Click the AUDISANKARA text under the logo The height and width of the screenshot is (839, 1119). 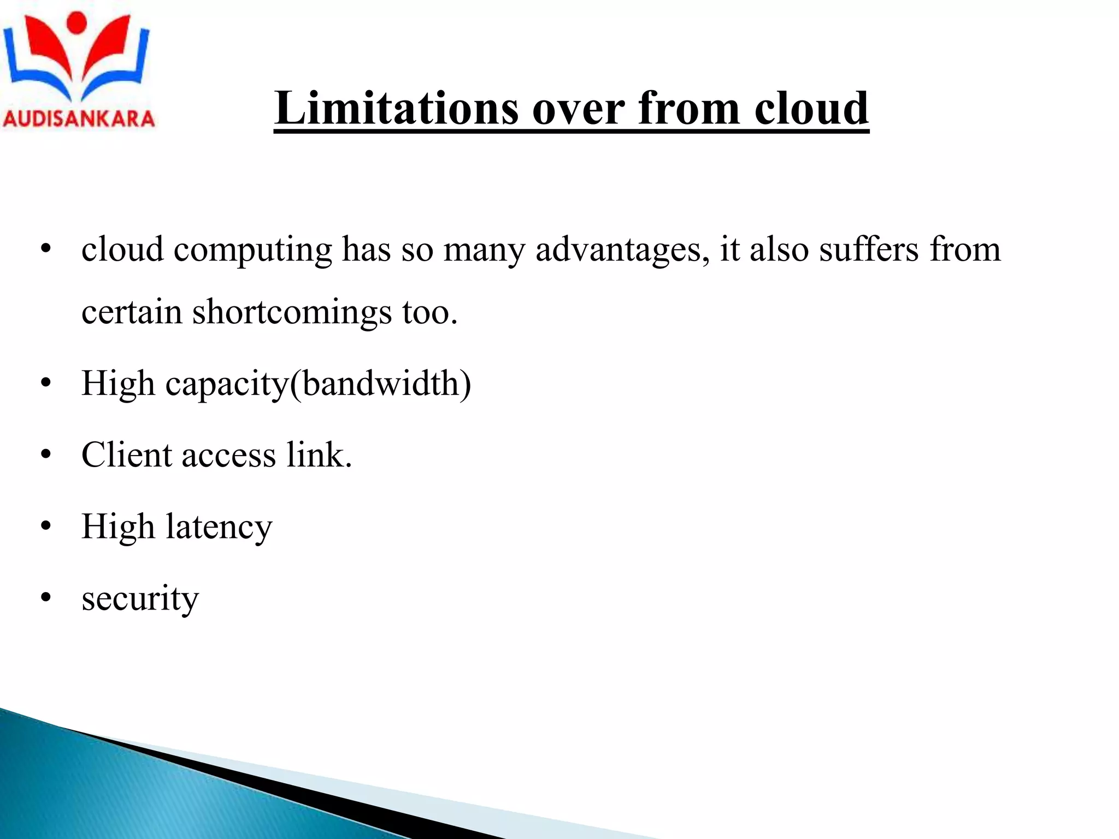coord(79,119)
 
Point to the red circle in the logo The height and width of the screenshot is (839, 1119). coord(76,22)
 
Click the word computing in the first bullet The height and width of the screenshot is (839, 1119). coord(252,250)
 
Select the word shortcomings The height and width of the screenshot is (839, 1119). coord(292,312)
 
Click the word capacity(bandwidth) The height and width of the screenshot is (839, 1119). coord(318,384)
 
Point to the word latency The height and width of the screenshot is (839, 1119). coord(219,528)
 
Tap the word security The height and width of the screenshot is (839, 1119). coord(140,599)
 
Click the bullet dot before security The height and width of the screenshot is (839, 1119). coord(46,598)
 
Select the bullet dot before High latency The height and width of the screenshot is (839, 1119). coord(46,526)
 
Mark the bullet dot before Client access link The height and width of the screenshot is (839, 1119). coord(46,454)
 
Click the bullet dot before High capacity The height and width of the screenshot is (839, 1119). coord(46,383)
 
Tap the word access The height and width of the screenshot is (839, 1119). coord(228,456)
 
